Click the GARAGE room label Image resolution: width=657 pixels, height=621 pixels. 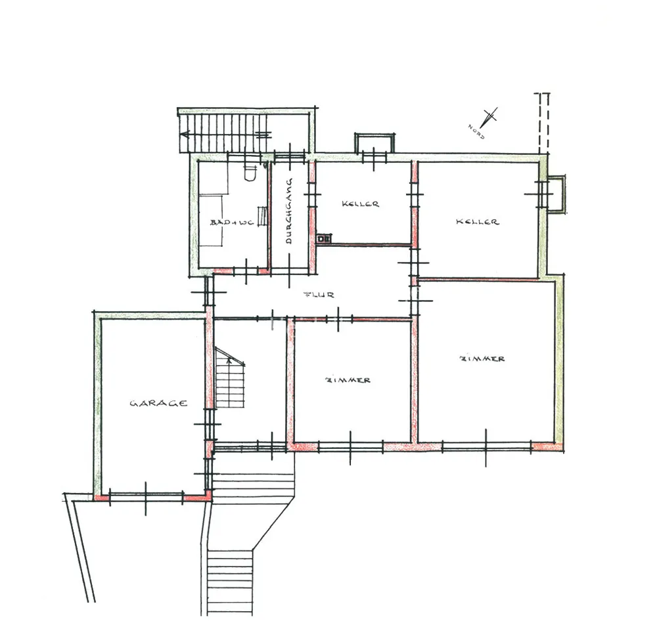coord(158,403)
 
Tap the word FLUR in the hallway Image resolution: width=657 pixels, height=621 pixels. coord(319,295)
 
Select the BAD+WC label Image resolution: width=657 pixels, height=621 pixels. coord(232,223)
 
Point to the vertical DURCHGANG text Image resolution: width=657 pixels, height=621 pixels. coord(288,211)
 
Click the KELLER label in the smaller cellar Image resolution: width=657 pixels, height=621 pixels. coord(360,204)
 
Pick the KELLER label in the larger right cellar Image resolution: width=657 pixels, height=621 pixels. coord(477,221)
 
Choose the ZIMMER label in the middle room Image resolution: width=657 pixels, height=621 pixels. coord(348,380)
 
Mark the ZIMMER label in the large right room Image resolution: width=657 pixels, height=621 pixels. coord(482,358)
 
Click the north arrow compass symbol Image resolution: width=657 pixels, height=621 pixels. coord(489,118)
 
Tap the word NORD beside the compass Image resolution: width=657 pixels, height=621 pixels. coord(476,131)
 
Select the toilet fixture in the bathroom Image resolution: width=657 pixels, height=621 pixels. coord(250,173)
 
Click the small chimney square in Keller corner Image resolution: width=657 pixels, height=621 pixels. coord(323,239)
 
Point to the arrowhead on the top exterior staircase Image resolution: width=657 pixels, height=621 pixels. coord(185,135)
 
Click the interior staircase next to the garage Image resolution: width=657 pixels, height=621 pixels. coord(229,377)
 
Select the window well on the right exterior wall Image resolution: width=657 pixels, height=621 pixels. coord(557,194)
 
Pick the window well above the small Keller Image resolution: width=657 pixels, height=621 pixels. coord(374,143)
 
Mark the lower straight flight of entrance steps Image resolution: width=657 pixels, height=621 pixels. coord(230,582)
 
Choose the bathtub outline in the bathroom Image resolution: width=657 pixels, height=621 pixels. coord(211,221)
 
